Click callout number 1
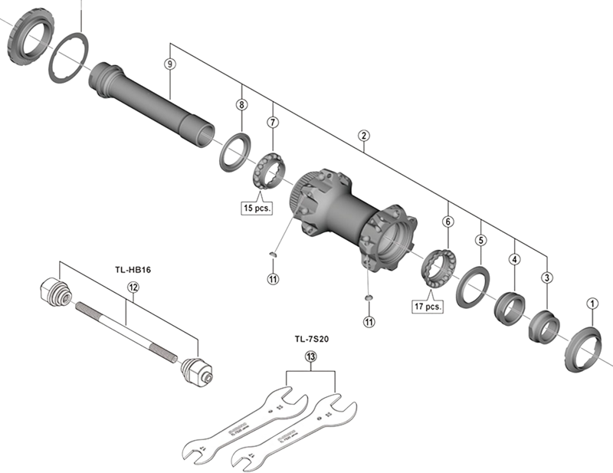592,304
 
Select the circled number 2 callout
364,136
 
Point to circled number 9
169,64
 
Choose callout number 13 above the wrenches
310,356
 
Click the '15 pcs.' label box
257,208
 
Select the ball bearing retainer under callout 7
270,170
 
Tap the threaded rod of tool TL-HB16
126,329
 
